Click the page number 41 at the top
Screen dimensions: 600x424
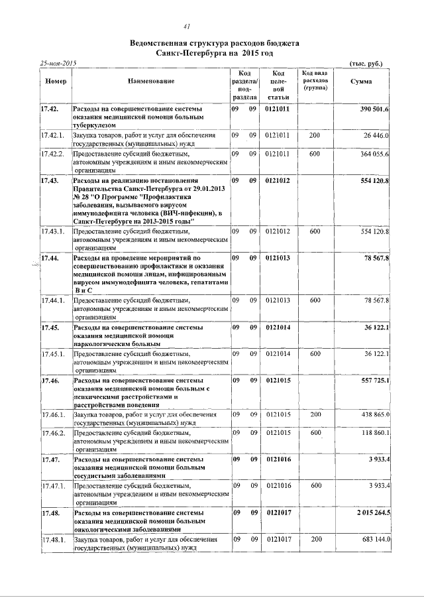point(187,27)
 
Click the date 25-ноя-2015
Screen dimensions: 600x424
point(58,63)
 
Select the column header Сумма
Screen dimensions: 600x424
point(360,81)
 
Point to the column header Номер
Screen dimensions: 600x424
point(54,81)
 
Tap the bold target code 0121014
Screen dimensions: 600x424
point(278,328)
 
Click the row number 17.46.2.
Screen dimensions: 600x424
point(52,432)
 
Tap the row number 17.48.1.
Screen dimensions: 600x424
point(52,541)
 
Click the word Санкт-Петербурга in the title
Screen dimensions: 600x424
point(193,52)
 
